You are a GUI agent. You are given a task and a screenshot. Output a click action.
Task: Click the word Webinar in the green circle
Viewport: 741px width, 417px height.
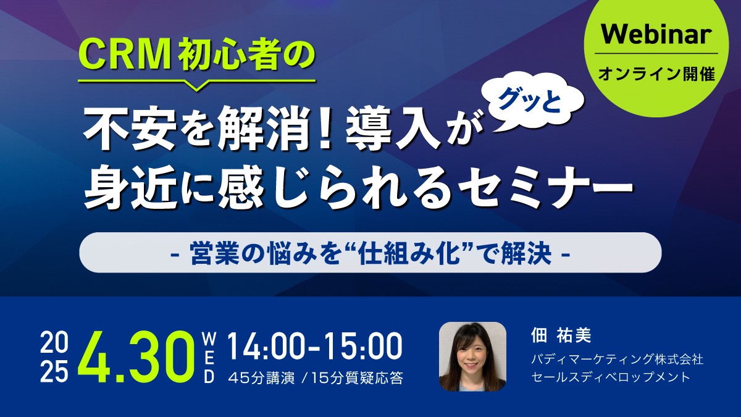(x=656, y=35)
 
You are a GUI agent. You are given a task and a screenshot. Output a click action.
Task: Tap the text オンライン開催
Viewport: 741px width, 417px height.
(x=656, y=74)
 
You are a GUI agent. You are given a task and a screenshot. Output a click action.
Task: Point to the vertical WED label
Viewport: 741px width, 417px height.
(x=209, y=357)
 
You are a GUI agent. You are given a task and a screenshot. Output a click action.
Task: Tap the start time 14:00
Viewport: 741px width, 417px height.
(x=265, y=346)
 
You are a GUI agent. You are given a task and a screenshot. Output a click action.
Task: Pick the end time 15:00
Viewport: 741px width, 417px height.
(x=363, y=346)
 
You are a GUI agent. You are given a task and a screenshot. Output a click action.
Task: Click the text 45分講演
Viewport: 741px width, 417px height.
(x=262, y=378)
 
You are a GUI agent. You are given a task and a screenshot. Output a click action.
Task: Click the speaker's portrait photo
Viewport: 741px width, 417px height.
(x=472, y=356)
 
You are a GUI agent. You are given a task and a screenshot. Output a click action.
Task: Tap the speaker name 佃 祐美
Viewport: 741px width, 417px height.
(x=561, y=336)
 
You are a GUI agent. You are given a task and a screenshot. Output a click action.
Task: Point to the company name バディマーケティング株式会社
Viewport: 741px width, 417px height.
(x=617, y=360)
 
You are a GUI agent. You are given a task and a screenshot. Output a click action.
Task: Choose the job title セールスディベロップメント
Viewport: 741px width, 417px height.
(x=610, y=377)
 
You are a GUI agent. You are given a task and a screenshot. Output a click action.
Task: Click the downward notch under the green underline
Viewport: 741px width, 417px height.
(x=197, y=86)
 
